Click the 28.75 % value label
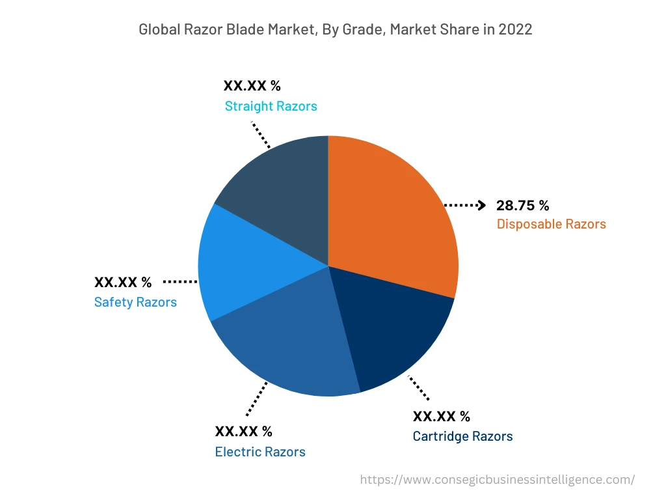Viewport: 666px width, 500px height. click(x=522, y=206)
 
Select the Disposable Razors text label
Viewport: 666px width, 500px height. click(x=551, y=224)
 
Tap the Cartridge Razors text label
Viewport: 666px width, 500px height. click(x=462, y=436)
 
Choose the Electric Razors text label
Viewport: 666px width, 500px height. click(x=260, y=452)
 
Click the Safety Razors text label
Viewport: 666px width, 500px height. click(x=135, y=302)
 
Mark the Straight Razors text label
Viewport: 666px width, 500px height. click(x=271, y=106)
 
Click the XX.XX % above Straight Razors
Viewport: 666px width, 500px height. click(x=252, y=86)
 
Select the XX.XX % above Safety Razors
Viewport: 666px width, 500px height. click(x=123, y=283)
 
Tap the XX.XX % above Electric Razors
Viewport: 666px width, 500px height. click(x=244, y=432)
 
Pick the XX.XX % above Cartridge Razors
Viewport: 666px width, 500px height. click(x=442, y=416)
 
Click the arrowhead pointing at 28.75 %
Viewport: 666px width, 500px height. click(x=481, y=206)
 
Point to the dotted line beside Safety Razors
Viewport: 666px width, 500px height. click(x=180, y=282)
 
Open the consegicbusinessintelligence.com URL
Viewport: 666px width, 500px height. click(x=497, y=479)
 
